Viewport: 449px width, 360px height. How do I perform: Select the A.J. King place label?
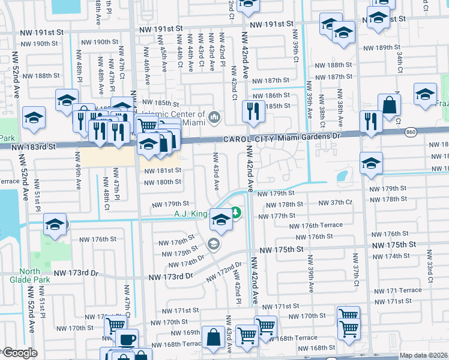(190, 214)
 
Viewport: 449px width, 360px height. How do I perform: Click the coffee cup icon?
(126, 338)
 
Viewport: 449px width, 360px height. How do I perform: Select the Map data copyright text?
(424, 355)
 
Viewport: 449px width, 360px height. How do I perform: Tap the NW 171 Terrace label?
(396, 290)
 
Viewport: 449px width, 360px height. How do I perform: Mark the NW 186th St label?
(270, 95)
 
